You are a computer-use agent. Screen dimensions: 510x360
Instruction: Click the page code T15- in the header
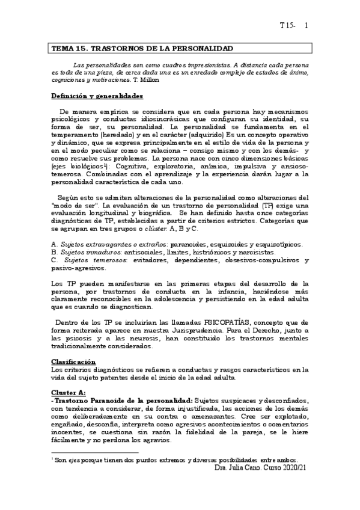pyautogui.click(x=287, y=26)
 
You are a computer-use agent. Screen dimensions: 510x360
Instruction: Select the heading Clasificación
pyautogui.click(x=73, y=362)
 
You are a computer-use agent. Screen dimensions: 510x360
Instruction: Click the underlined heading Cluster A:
pyautogui.click(x=69, y=392)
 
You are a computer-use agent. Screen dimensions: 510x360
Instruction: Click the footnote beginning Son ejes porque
pyautogui.click(x=180, y=459)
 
